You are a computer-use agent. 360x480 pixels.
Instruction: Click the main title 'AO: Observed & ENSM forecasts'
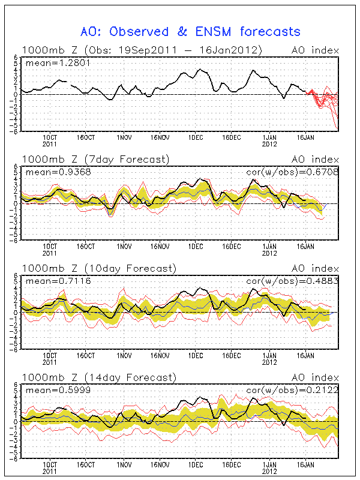coord(190,31)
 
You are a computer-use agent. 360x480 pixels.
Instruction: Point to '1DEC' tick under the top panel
coord(196,136)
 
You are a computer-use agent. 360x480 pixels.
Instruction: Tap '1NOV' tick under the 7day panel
coord(124,245)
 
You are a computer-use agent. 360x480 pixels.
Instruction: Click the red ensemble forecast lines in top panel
coord(327,101)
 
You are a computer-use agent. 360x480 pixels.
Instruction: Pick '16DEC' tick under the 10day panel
coord(232,355)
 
